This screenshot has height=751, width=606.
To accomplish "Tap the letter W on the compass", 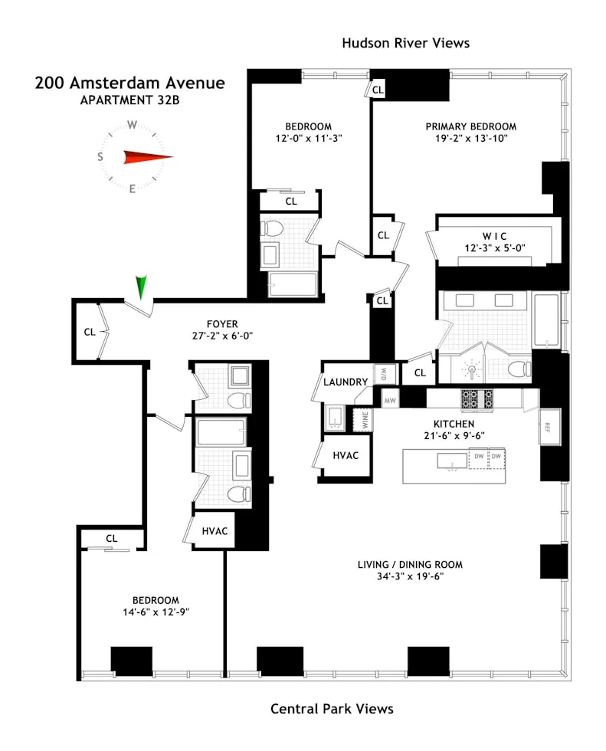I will pos(132,125).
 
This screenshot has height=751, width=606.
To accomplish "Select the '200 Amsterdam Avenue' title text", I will pos(129,83).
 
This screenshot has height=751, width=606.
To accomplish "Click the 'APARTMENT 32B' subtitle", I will pos(129,100).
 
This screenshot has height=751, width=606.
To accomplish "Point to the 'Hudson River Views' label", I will pos(405,43).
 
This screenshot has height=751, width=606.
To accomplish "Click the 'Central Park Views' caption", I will pos(332,709).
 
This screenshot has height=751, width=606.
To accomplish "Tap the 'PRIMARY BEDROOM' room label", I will pos(470,126).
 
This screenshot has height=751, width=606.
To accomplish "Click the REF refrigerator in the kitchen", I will pos(549,426).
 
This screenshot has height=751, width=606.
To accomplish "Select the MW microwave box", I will pos(390,399).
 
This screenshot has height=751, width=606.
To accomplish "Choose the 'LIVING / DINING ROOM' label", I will pos(410,565).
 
